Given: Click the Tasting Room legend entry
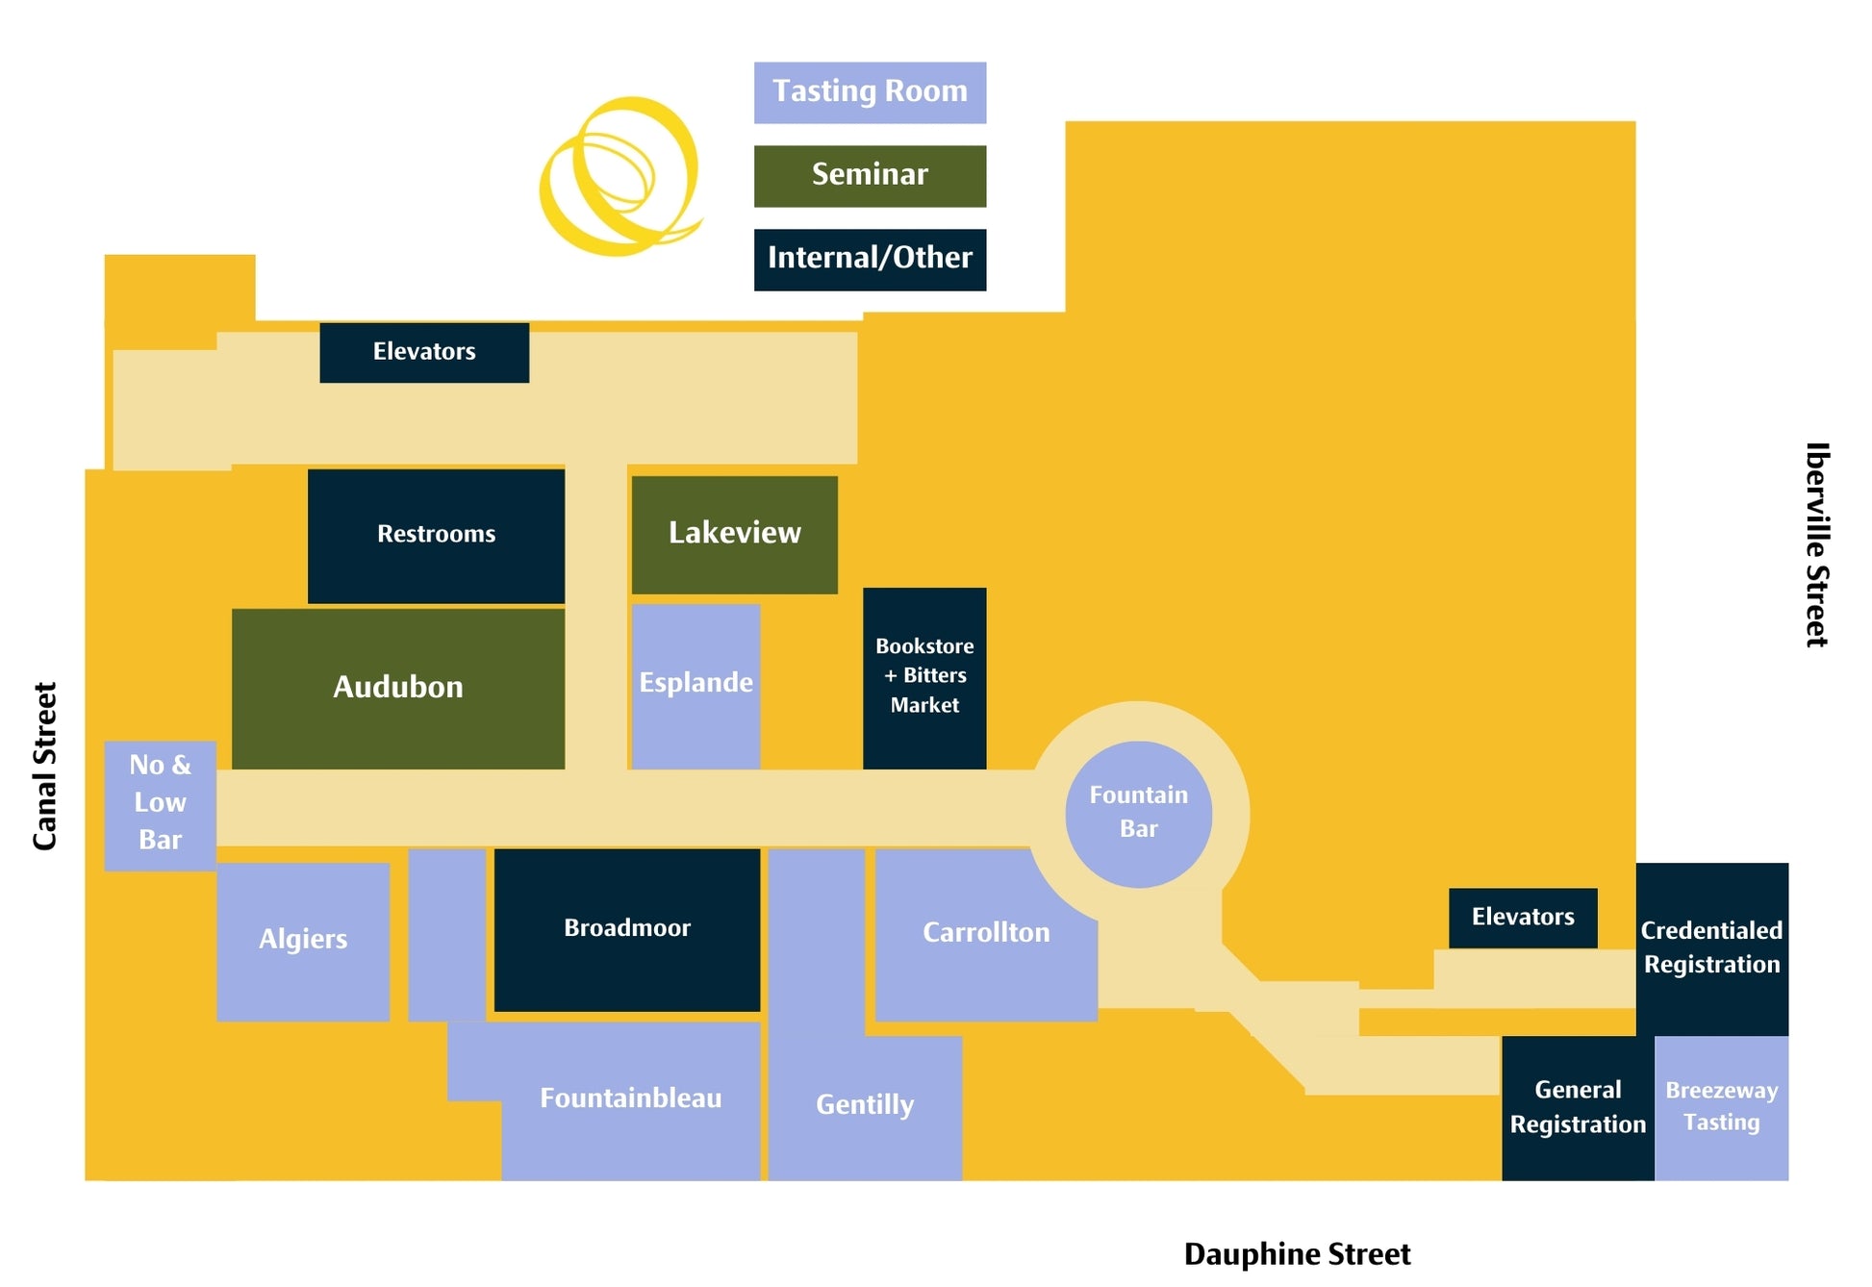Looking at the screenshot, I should [x=870, y=92].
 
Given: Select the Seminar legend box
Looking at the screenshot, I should [x=870, y=176].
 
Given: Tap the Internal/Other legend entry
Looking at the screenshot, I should [x=870, y=259].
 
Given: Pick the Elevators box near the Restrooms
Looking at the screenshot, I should [x=424, y=352].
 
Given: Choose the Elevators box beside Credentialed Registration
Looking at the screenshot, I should [x=1523, y=918].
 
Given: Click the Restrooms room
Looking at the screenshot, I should [x=436, y=536].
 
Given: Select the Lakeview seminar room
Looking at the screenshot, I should [x=734, y=534].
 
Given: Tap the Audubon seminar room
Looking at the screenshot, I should [x=397, y=688].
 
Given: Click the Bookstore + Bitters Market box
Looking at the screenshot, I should [x=924, y=677].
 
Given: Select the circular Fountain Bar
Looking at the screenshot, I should [x=1138, y=814].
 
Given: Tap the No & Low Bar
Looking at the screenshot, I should [x=160, y=804].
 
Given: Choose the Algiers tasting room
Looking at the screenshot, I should [x=303, y=941].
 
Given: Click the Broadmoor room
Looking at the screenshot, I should [x=627, y=929].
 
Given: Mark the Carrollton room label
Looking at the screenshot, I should [x=986, y=933].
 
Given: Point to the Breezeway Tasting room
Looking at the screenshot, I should [x=1721, y=1107].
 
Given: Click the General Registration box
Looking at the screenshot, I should [x=1578, y=1107].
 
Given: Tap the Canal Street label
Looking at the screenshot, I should [x=45, y=767].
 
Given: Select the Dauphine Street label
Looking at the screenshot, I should [x=1297, y=1254].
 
